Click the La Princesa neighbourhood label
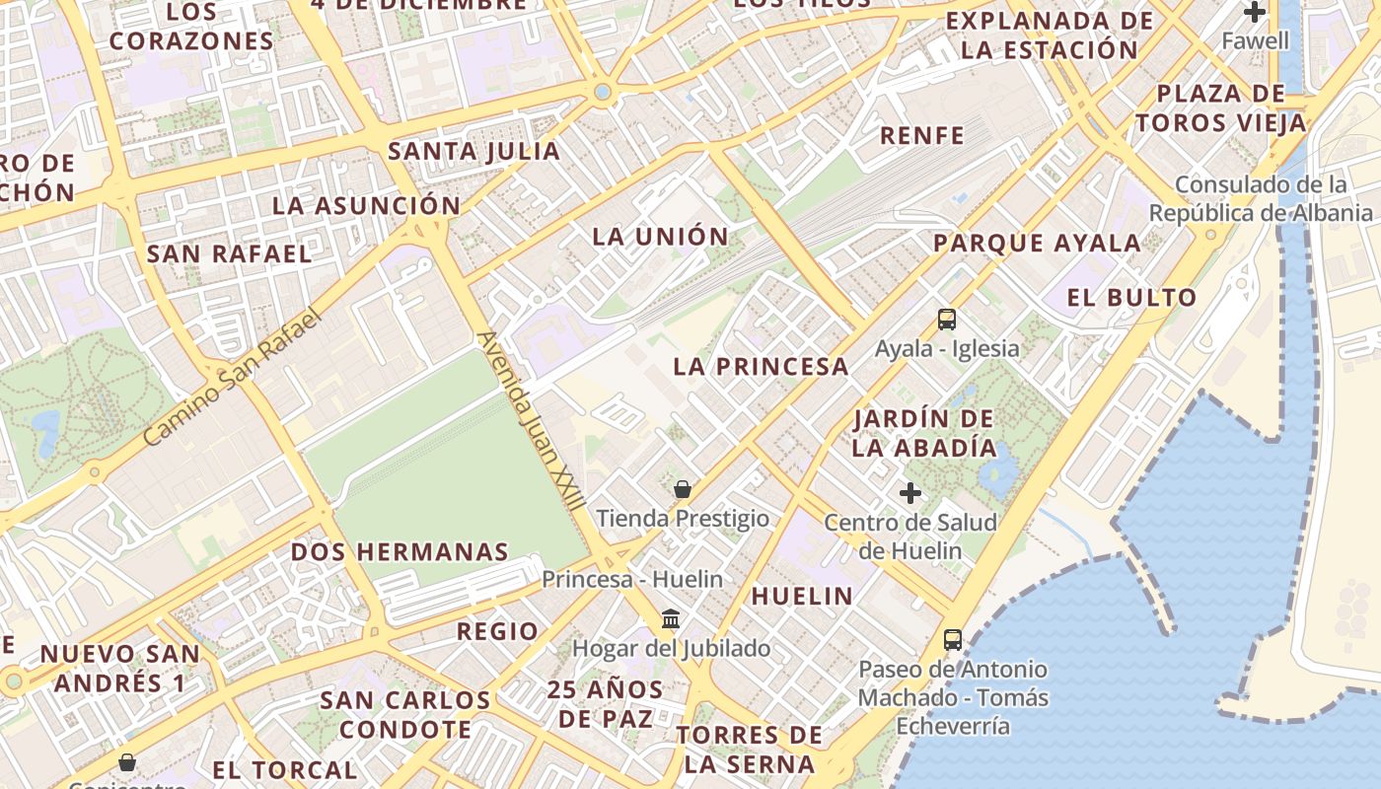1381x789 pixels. (761, 366)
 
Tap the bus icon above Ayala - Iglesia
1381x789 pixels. (947, 320)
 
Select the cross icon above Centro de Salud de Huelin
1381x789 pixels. (910, 492)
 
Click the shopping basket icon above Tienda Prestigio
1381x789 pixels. (682, 488)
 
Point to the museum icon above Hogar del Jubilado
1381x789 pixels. (671, 619)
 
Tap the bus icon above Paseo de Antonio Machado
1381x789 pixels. (953, 640)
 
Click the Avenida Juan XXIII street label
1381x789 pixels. (529, 420)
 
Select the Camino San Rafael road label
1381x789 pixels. (234, 376)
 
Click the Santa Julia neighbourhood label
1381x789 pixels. (474, 151)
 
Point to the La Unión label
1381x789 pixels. (660, 237)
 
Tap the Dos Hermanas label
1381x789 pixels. (400, 551)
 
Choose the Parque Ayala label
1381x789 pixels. (1037, 243)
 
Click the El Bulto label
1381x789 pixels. (1131, 297)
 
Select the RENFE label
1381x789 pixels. (921, 135)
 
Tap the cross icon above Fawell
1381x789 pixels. (1255, 13)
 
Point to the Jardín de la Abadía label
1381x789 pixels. (924, 433)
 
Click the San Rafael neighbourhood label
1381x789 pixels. (229, 253)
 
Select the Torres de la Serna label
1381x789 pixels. (750, 749)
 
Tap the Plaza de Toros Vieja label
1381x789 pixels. (1221, 108)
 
